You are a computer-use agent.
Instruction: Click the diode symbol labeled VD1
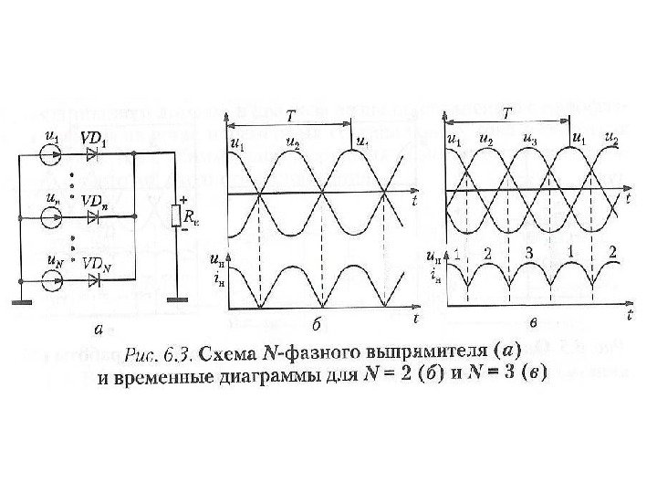tap(91, 156)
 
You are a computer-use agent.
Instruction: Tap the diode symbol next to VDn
tap(91, 216)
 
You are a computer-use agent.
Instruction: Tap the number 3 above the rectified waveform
tap(527, 253)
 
